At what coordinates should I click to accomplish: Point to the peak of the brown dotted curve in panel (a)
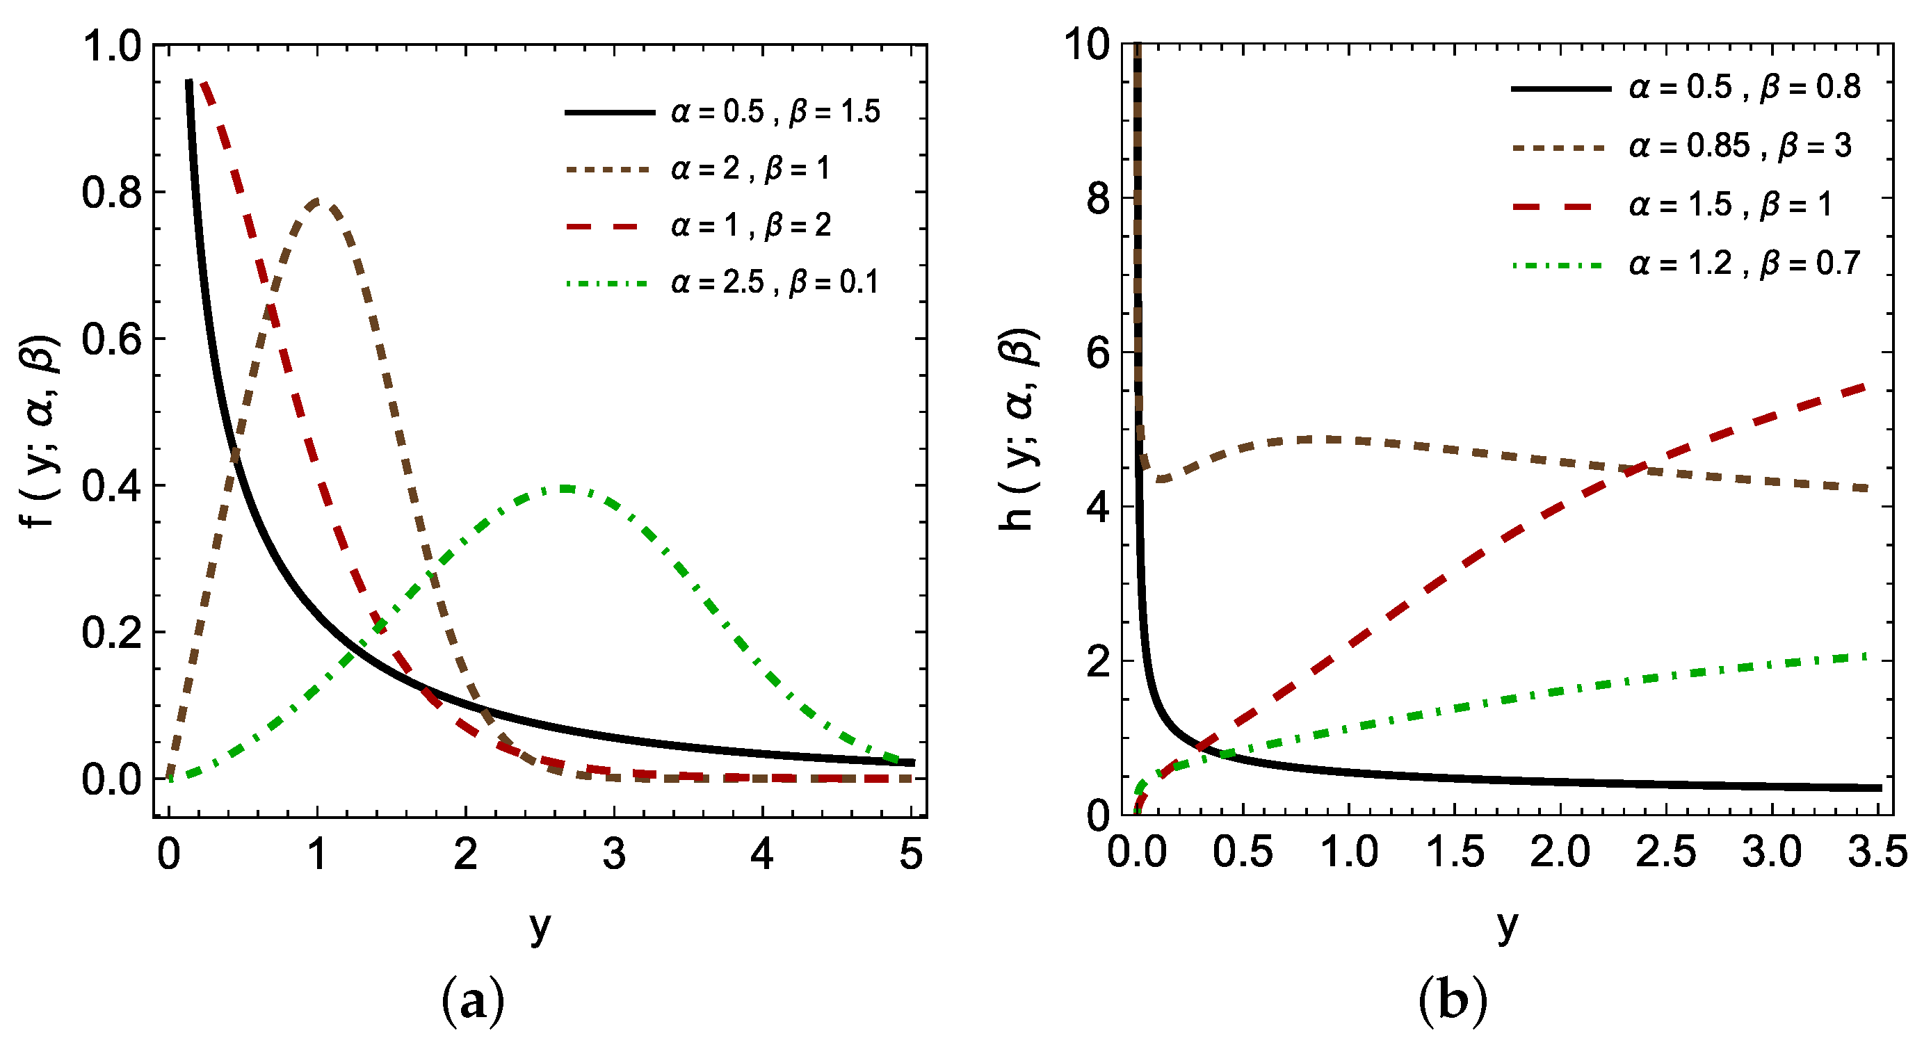coord(318,201)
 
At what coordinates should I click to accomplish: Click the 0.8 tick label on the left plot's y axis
coord(111,193)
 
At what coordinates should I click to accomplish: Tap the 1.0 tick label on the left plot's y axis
coord(111,47)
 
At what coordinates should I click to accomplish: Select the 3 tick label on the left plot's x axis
coord(614,854)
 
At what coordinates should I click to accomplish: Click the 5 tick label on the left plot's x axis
coord(911,854)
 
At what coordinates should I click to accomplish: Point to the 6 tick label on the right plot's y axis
coord(1097,352)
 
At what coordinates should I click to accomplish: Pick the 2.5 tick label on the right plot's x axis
coord(1665,853)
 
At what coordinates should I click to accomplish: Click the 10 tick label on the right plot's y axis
coord(1086,47)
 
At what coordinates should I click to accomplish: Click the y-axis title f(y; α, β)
coord(41,431)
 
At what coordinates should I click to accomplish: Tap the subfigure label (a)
coord(473,1002)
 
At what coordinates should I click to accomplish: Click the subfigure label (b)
coord(1452,1002)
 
